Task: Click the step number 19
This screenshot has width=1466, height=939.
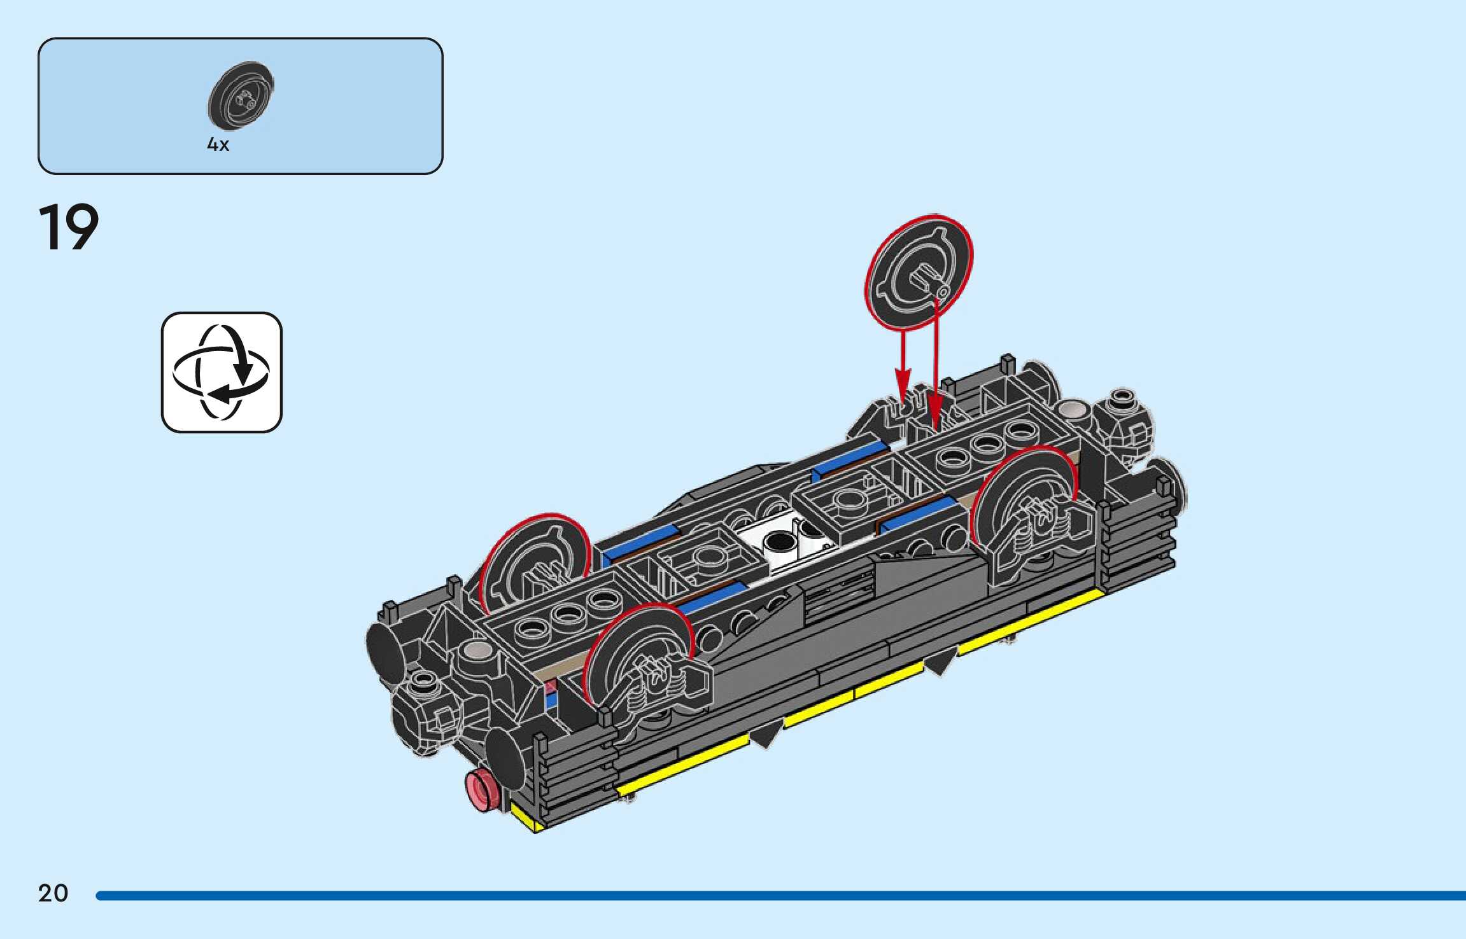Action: [x=69, y=227]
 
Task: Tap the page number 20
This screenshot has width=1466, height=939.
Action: [x=53, y=893]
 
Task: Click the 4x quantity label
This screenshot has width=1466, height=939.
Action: [x=218, y=144]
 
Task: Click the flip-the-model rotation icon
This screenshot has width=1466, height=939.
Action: [x=222, y=372]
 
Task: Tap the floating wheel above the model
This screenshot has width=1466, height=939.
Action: [x=919, y=272]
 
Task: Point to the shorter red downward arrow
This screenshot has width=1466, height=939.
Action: [x=903, y=367]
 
